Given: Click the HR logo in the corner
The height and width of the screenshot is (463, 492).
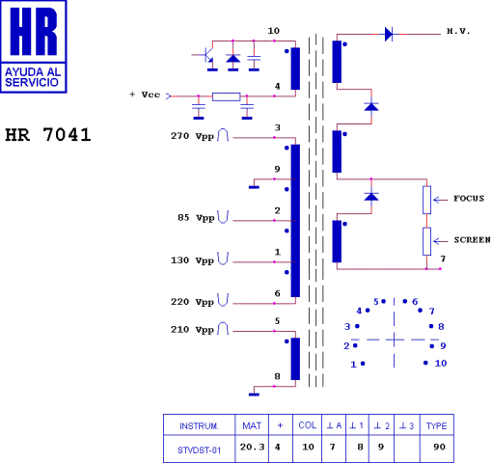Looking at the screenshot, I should pos(36,46).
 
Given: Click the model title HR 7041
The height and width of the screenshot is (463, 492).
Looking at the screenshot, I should pos(48,134).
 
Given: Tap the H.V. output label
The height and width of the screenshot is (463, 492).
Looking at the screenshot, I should pos(457,33).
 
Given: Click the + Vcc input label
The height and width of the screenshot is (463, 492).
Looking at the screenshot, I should pos(144,95).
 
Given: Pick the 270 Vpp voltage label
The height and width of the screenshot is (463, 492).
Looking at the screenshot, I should pos(192,136).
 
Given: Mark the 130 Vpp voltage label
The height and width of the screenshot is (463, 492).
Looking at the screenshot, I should pos(192,259).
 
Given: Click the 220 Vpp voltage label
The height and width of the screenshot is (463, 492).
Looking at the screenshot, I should pos(192,302).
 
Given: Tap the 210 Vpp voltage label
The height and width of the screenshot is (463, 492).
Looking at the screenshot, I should pos(192,329).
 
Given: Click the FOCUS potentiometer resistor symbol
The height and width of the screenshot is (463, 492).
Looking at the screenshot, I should pos(426,200).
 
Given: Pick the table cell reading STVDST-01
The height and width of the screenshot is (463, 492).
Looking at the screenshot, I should pos(200,448).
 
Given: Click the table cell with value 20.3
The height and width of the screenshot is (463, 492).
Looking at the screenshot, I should pos(253,448).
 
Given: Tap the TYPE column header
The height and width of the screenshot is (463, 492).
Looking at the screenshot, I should pos(436,425).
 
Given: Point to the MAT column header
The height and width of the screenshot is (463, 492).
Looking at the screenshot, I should pos(252,425).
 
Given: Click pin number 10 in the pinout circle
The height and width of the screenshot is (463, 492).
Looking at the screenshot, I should pos(440,364).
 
